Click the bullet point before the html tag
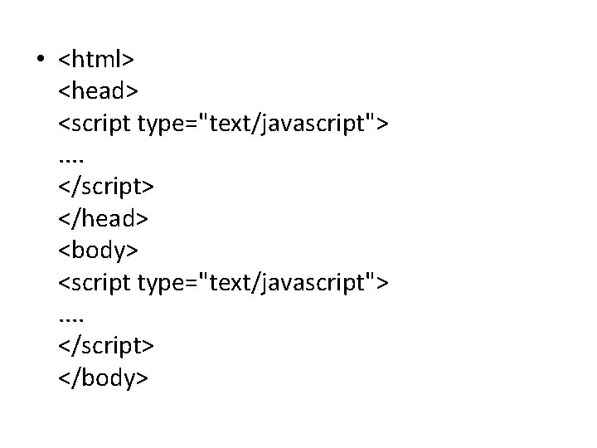point(39,61)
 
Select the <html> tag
point(96,60)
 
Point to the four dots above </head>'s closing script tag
point(72,158)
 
